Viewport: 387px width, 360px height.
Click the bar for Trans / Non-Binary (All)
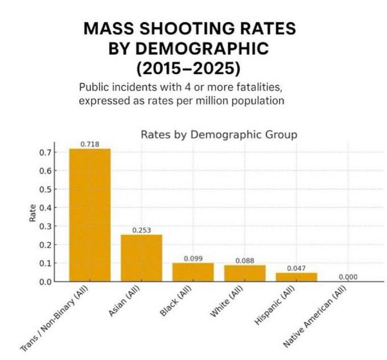coord(90,215)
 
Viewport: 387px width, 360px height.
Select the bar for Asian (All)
coord(141,258)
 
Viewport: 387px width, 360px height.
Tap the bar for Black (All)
coord(193,272)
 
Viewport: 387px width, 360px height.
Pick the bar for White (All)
coord(245,273)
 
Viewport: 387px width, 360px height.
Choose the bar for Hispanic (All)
coord(296,277)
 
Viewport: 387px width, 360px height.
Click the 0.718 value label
coord(90,144)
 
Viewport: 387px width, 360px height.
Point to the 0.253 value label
coord(141,230)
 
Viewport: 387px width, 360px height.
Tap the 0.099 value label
coord(193,259)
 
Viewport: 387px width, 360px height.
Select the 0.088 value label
coord(245,260)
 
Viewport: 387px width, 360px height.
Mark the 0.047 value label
coord(296,268)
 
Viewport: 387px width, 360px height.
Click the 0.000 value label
coord(348,277)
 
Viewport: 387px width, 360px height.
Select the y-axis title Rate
coord(32,213)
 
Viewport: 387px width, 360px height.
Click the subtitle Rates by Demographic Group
coord(219,134)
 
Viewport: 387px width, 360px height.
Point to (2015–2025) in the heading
coord(189,68)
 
